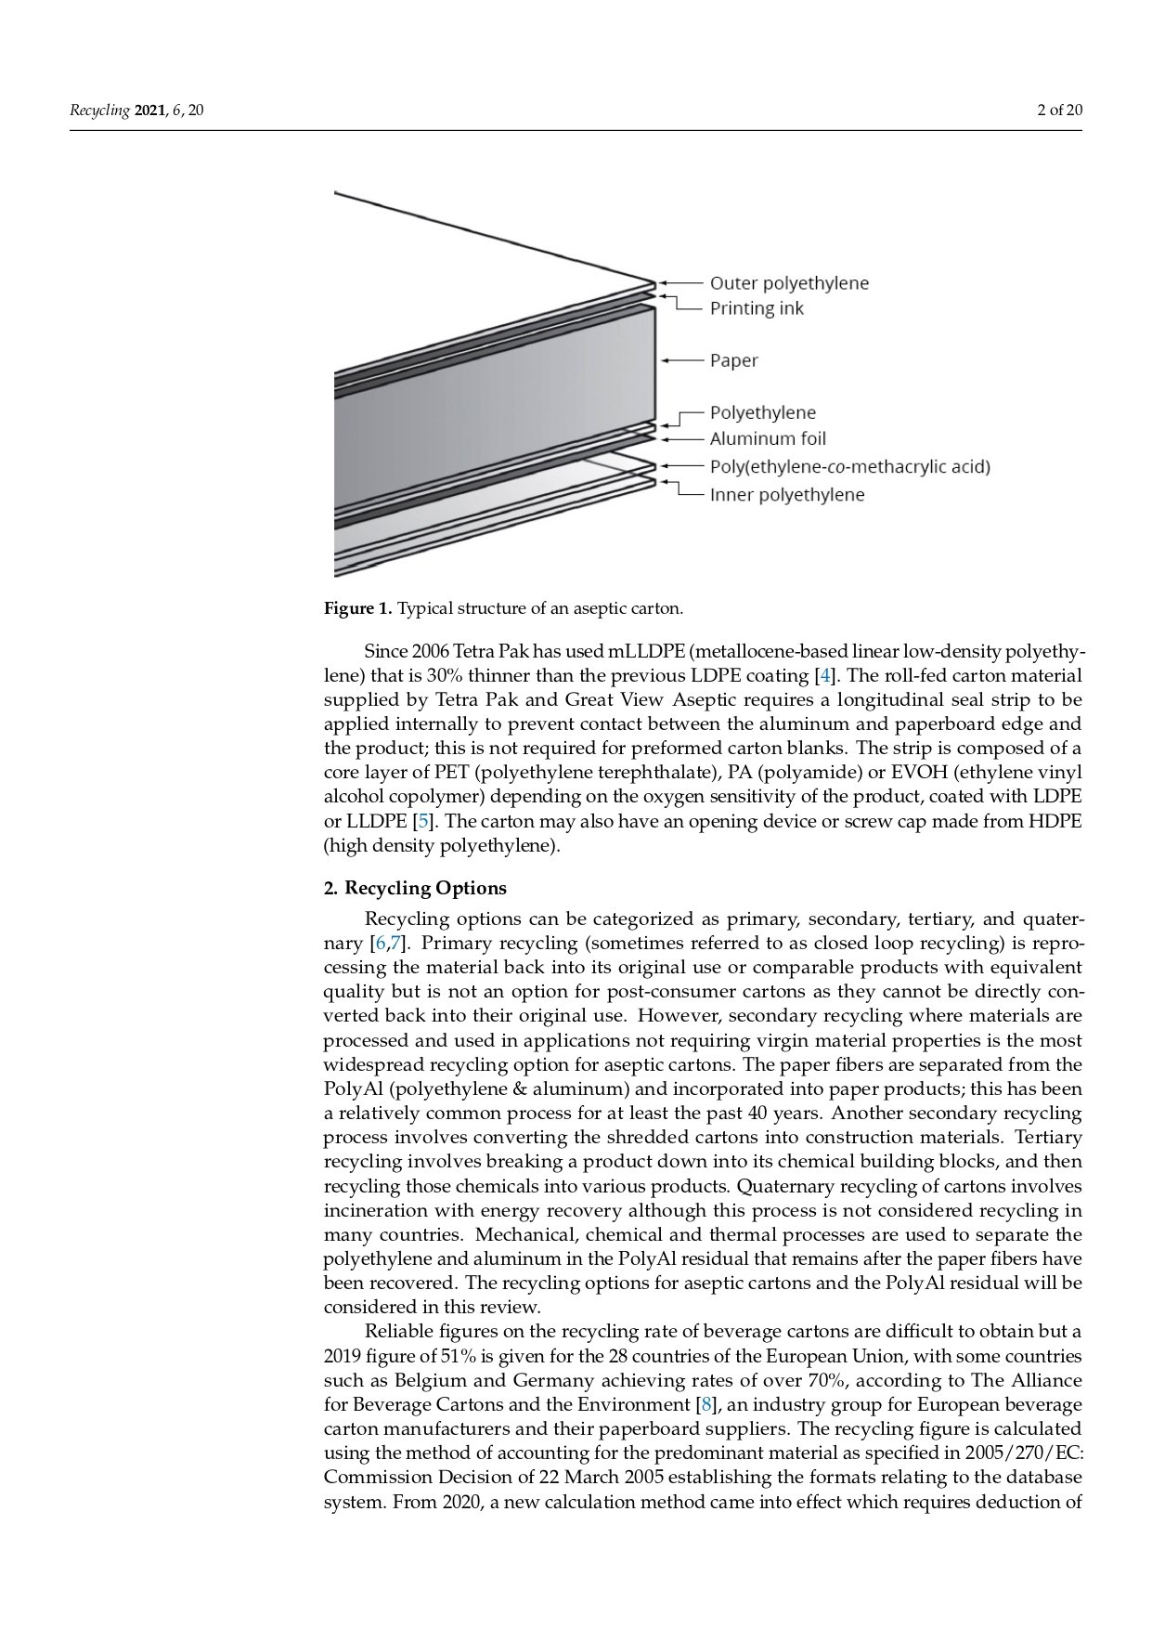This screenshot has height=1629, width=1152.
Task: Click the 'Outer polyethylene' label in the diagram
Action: pos(789,282)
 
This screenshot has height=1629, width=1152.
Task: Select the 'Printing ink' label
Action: pos(757,308)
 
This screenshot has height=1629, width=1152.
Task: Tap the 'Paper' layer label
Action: pos(733,360)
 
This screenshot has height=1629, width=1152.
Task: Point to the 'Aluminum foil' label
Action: pos(767,438)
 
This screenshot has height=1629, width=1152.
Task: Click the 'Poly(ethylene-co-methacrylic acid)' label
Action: pos(849,466)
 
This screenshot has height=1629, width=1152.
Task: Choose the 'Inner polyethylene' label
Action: pos(786,495)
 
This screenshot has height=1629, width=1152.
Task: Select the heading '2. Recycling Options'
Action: pos(415,888)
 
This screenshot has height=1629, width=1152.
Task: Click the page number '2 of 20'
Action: pos(1059,111)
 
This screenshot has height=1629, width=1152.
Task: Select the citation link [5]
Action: pos(423,821)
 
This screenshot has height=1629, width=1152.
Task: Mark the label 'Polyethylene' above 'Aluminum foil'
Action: pos(762,412)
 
